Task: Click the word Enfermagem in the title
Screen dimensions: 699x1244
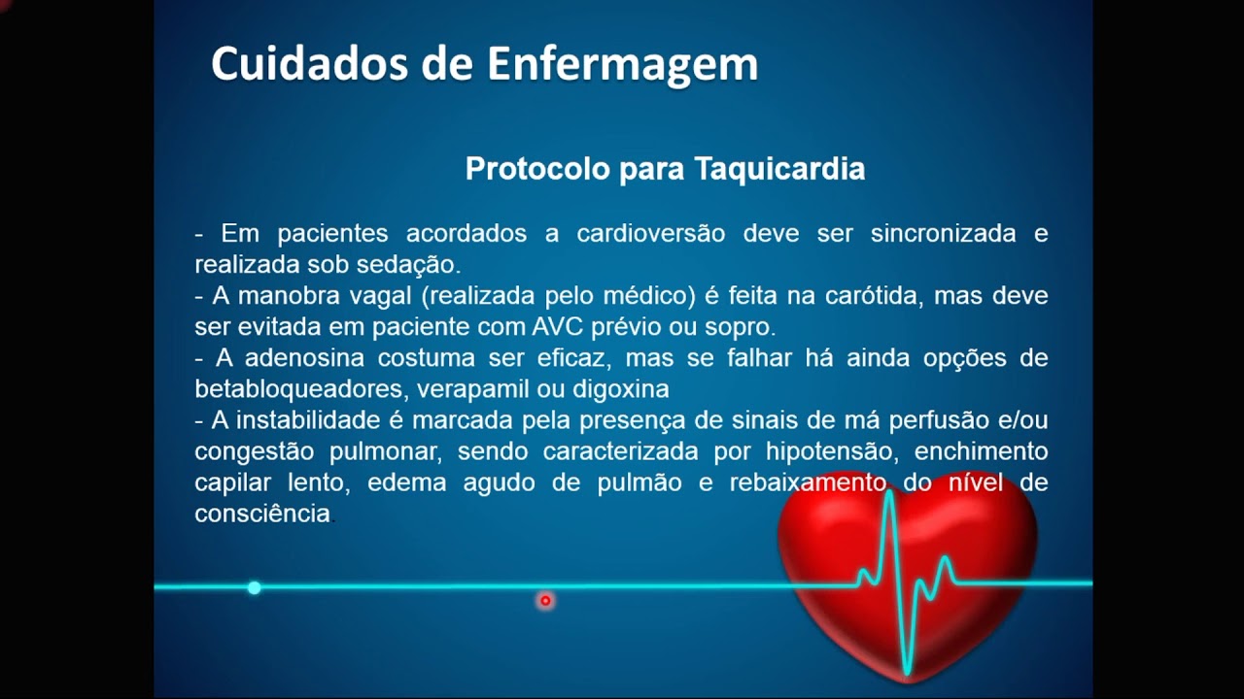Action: [x=622, y=65]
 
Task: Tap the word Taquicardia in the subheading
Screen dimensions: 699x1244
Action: [x=779, y=169]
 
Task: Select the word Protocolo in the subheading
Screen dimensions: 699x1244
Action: [x=537, y=169]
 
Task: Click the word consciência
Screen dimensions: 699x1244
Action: [x=262, y=514]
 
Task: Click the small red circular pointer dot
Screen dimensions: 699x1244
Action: [x=545, y=601]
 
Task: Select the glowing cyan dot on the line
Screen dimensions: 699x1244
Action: [x=254, y=587]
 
